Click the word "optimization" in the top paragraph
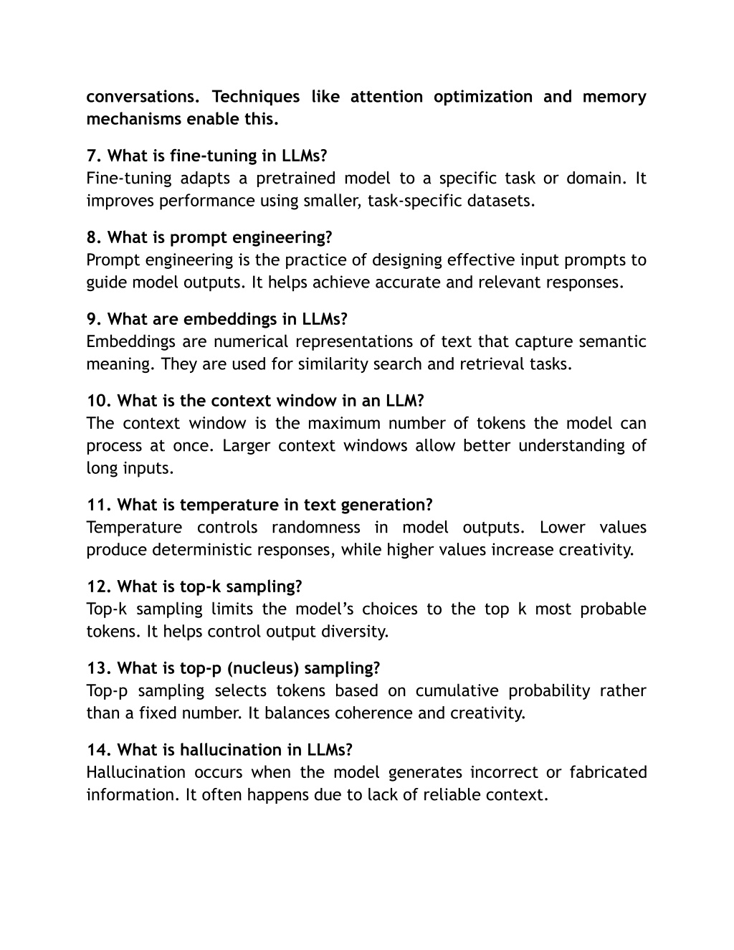482,97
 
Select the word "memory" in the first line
614,97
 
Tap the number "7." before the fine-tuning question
93,156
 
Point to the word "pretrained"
295,179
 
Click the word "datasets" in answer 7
505,201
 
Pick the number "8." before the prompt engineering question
93,237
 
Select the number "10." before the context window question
98,400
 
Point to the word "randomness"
315,528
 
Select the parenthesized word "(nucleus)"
263,668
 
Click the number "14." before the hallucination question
98,750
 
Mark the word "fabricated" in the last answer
608,772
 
